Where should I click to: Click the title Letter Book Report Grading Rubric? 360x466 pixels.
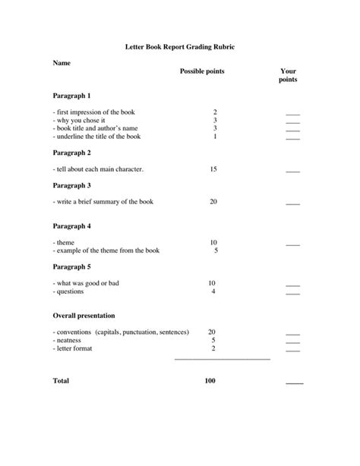179,47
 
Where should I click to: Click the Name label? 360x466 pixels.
62,63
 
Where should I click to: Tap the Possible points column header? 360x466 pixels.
202,71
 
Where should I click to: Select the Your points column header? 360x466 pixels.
288,75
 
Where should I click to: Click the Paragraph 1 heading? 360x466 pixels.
71,96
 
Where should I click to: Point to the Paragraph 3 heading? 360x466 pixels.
71,185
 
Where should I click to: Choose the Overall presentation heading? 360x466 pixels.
84,315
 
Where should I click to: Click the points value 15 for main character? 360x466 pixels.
213,169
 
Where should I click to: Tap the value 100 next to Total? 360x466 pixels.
210,380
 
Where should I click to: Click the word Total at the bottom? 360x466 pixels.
61,380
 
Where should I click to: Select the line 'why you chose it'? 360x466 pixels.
80,120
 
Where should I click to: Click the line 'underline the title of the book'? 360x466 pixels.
96,137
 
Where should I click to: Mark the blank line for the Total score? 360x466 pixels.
294,383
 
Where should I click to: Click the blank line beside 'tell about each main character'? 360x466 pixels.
292,172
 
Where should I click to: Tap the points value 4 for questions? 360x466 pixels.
213,291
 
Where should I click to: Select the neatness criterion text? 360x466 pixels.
68,340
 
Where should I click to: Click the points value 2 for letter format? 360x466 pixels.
213,348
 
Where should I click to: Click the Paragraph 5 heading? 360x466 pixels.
71,266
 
